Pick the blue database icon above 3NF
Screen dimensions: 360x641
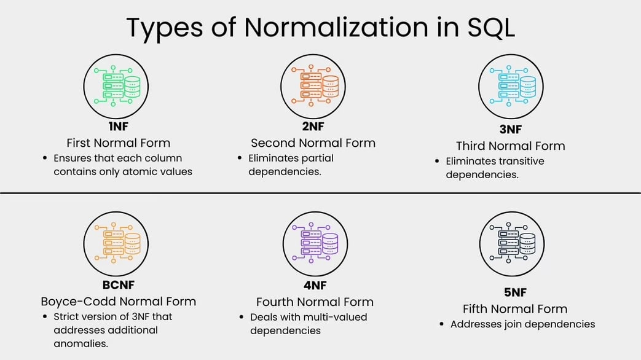coord(512,87)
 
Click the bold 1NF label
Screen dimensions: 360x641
coord(119,127)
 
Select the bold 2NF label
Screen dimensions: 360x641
coord(313,127)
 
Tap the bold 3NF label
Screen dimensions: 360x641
coord(511,130)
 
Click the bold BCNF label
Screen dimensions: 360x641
coord(119,284)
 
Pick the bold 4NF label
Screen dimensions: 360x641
coord(314,286)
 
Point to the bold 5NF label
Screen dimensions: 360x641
coord(514,292)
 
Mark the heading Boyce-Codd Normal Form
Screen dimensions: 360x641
coord(119,302)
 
